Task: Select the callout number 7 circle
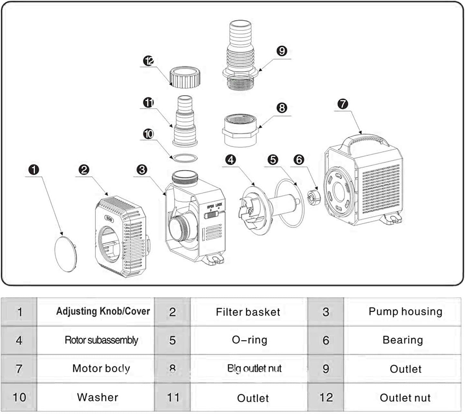[343, 104]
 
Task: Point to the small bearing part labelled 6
[312, 197]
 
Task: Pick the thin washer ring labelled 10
[183, 158]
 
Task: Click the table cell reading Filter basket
[248, 312]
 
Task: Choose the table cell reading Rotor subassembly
[101, 340]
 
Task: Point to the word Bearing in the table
[403, 340]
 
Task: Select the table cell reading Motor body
[101, 368]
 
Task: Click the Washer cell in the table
[98, 397]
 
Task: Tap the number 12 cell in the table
[326, 398]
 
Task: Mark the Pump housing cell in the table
[405, 311]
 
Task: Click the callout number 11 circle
[148, 103]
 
